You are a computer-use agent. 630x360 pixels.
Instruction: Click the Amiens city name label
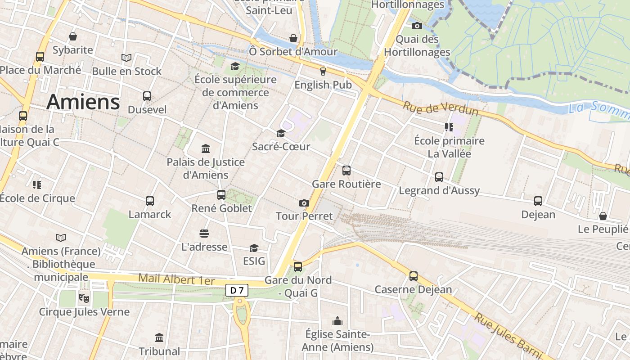[x=83, y=102]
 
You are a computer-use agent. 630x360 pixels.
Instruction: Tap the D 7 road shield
[x=237, y=291]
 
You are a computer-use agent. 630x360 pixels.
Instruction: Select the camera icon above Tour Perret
[x=304, y=203]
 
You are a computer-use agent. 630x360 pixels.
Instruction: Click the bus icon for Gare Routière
[x=346, y=171]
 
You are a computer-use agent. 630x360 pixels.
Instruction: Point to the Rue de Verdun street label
[x=440, y=108]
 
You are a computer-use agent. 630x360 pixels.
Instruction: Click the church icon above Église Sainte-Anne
[x=337, y=321]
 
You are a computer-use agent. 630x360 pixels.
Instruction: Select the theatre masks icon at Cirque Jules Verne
[x=84, y=297]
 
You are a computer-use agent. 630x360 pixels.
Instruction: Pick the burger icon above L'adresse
[x=204, y=234]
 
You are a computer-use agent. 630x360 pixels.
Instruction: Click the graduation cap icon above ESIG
[x=254, y=248]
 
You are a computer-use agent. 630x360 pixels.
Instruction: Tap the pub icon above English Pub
[x=323, y=71]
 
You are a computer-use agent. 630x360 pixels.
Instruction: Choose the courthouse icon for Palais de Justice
[x=206, y=148]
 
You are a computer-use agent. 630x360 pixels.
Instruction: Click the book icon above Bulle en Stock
[x=126, y=58]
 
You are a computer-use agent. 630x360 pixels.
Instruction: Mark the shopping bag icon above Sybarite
[x=73, y=36]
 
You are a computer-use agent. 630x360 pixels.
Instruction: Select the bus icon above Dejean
[x=538, y=201]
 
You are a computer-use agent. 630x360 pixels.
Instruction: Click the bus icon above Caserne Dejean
[x=413, y=276]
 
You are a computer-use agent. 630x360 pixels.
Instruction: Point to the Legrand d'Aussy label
[x=439, y=190]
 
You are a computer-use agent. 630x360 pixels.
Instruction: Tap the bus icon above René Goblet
[x=221, y=195]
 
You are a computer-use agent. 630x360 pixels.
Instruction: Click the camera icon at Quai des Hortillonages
[x=417, y=26]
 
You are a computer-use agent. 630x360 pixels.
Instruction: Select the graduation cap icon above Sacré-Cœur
[x=281, y=133]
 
